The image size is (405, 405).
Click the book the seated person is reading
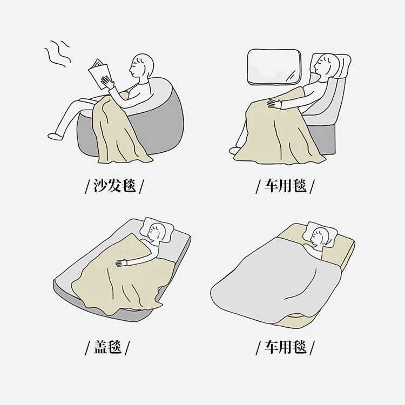(99, 75)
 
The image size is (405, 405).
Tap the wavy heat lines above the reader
(57, 53)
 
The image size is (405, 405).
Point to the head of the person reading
(141, 65)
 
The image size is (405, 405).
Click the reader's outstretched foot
(55, 136)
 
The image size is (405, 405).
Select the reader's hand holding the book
(107, 83)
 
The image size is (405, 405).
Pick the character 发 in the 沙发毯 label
(114, 185)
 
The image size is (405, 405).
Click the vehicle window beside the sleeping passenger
(274, 67)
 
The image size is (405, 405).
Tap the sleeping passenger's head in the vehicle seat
(326, 65)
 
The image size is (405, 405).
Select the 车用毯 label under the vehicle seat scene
(285, 186)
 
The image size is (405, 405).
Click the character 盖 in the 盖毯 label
(100, 347)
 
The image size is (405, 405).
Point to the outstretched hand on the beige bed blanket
(122, 262)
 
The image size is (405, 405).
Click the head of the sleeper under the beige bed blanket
(156, 232)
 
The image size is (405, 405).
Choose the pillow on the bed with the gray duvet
(321, 234)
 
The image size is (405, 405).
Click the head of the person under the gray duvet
(320, 237)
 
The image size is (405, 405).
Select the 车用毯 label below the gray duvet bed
(285, 347)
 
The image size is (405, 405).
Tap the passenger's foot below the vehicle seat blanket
(234, 150)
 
